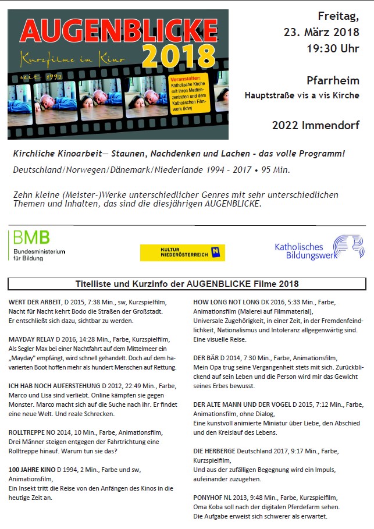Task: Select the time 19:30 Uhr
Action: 333,49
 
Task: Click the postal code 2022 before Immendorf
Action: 286,125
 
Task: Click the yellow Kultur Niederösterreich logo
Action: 182,253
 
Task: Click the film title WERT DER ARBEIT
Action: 35,303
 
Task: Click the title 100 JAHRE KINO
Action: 32,468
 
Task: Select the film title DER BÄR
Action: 206,358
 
